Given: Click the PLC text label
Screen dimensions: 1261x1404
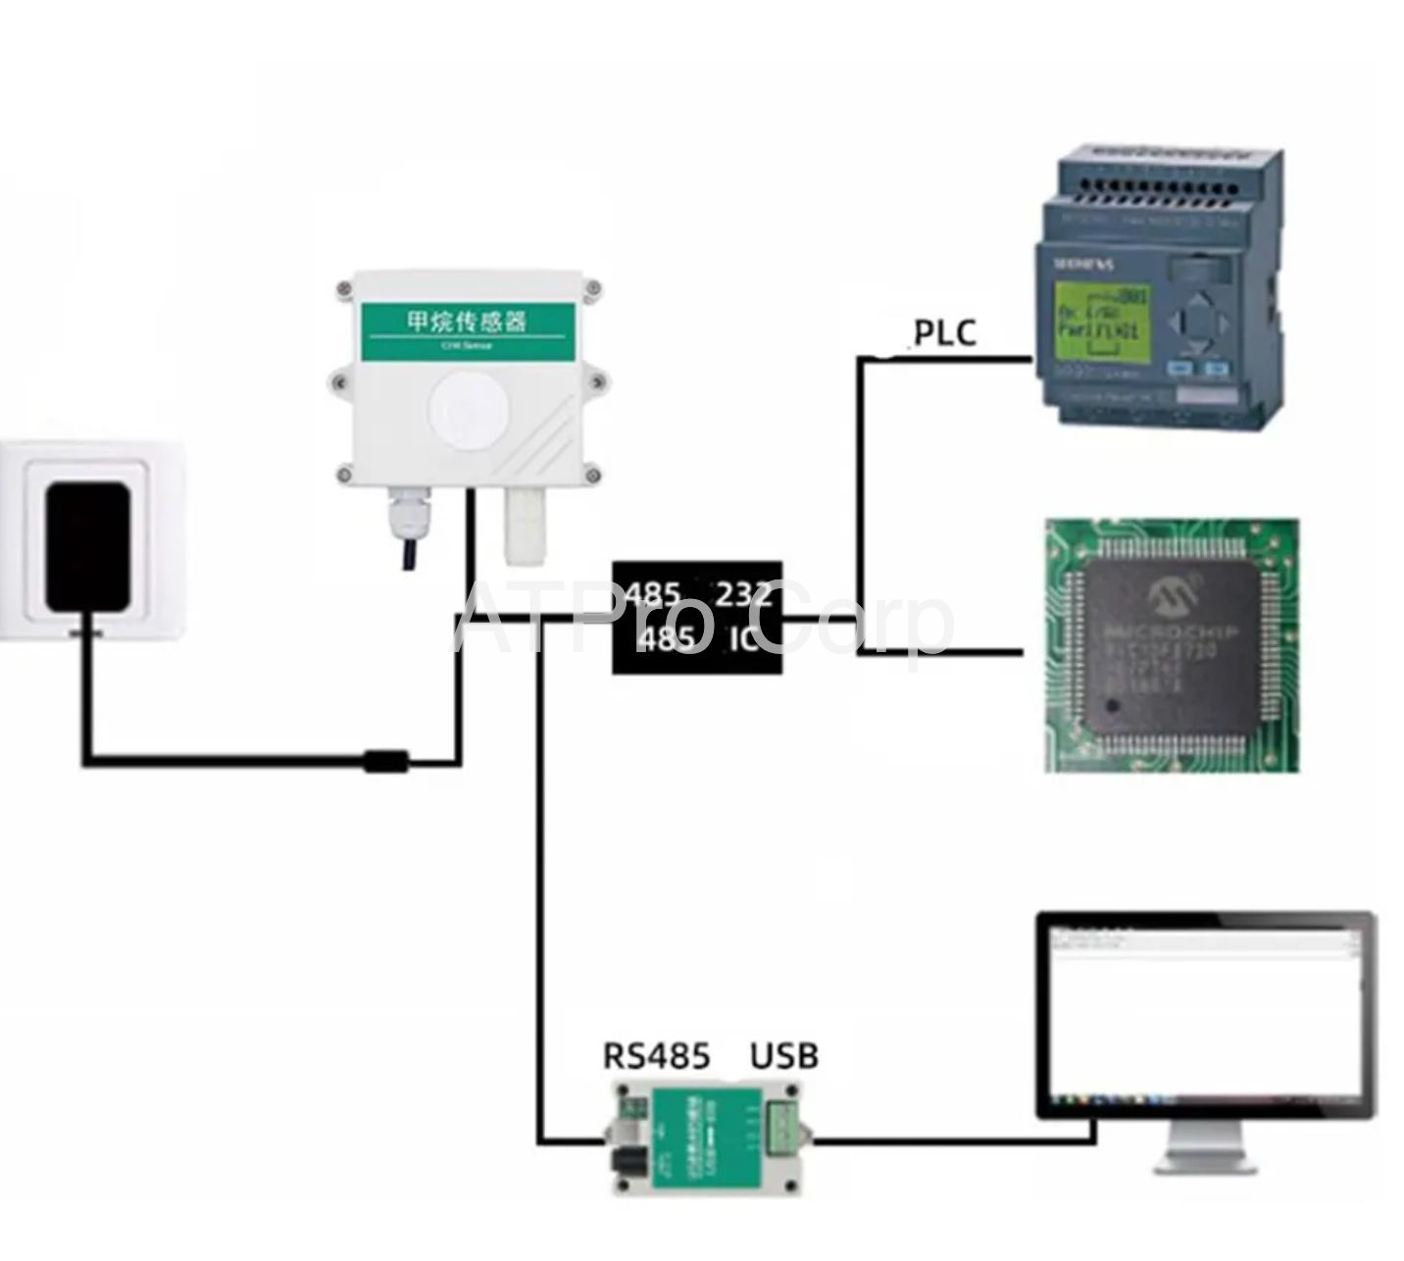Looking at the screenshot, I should point(945,332).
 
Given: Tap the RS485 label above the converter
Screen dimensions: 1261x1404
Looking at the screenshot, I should point(656,1055).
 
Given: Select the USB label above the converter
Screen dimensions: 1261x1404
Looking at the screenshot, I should point(784,1055).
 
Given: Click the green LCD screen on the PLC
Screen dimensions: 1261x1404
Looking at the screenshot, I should point(1098,319).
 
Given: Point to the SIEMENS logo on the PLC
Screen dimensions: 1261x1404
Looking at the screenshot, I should point(1082,264).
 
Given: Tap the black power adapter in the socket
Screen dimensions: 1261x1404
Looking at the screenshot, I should point(87,545).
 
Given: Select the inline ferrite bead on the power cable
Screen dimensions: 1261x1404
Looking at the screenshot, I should point(385,761).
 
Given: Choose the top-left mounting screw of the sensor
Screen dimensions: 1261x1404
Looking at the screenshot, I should point(344,289).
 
